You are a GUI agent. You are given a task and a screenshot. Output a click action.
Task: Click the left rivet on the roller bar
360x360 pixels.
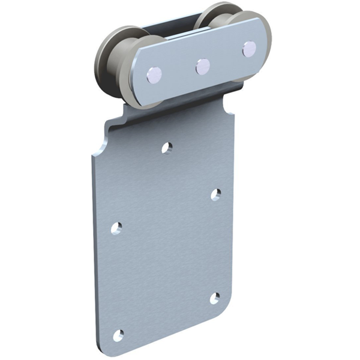click(x=154, y=75)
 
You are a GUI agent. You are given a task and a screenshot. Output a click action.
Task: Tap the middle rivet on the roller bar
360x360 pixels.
click(x=203, y=66)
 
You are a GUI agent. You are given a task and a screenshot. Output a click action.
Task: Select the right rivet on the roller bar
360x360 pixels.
click(x=249, y=49)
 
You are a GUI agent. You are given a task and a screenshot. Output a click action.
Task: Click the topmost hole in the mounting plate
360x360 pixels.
click(x=167, y=146)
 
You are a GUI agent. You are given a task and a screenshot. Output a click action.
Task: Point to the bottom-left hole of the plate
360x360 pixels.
click(x=118, y=335)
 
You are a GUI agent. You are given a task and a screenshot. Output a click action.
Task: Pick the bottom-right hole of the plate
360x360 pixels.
click(x=215, y=298)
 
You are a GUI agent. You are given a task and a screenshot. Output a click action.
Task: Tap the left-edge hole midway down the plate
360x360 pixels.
click(x=116, y=228)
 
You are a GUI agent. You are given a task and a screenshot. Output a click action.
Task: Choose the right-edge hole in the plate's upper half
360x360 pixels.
click(x=216, y=194)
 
